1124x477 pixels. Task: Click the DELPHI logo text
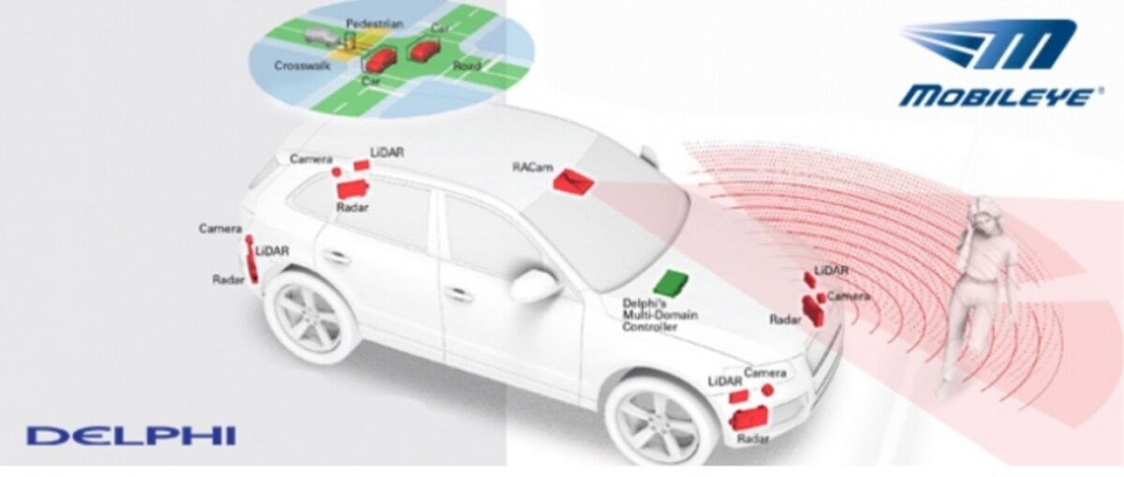click(131, 436)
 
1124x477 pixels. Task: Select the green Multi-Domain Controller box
click(672, 283)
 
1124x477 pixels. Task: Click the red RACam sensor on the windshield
click(573, 181)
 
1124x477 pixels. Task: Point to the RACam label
click(532, 166)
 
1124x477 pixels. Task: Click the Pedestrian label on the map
click(375, 23)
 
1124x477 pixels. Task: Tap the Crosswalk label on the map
click(302, 66)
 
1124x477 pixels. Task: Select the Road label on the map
click(466, 66)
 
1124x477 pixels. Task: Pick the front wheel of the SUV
click(654, 421)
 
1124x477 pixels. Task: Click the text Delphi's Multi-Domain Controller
click(659, 315)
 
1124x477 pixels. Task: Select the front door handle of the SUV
click(458, 292)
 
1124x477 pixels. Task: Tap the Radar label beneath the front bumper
click(753, 440)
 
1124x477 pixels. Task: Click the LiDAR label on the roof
click(387, 152)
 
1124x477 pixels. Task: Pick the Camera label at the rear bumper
click(220, 229)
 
